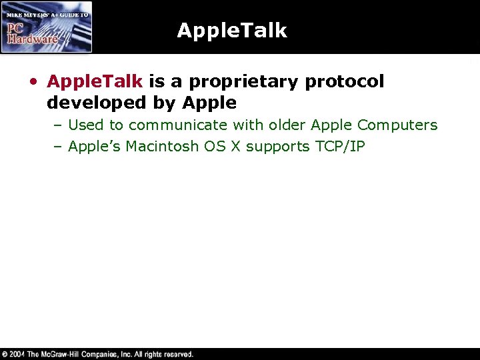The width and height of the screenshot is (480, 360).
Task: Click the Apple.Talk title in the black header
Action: click(x=231, y=31)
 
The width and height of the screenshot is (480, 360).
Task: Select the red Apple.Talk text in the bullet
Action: click(x=95, y=81)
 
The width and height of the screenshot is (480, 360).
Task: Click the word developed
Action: click(x=90, y=103)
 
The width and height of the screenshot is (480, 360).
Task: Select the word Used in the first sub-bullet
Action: click(x=86, y=125)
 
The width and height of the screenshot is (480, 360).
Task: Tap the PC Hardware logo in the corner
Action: click(x=47, y=27)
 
